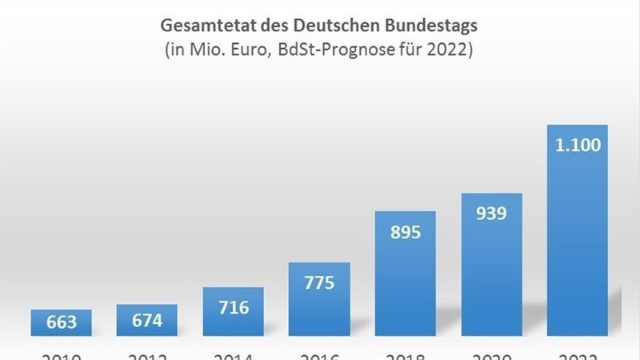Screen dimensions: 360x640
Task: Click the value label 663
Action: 62,322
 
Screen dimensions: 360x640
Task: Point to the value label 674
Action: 147,320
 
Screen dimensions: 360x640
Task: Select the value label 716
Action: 233,307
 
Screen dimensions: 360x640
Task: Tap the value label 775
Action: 318,282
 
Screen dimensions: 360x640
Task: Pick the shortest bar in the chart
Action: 62,323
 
